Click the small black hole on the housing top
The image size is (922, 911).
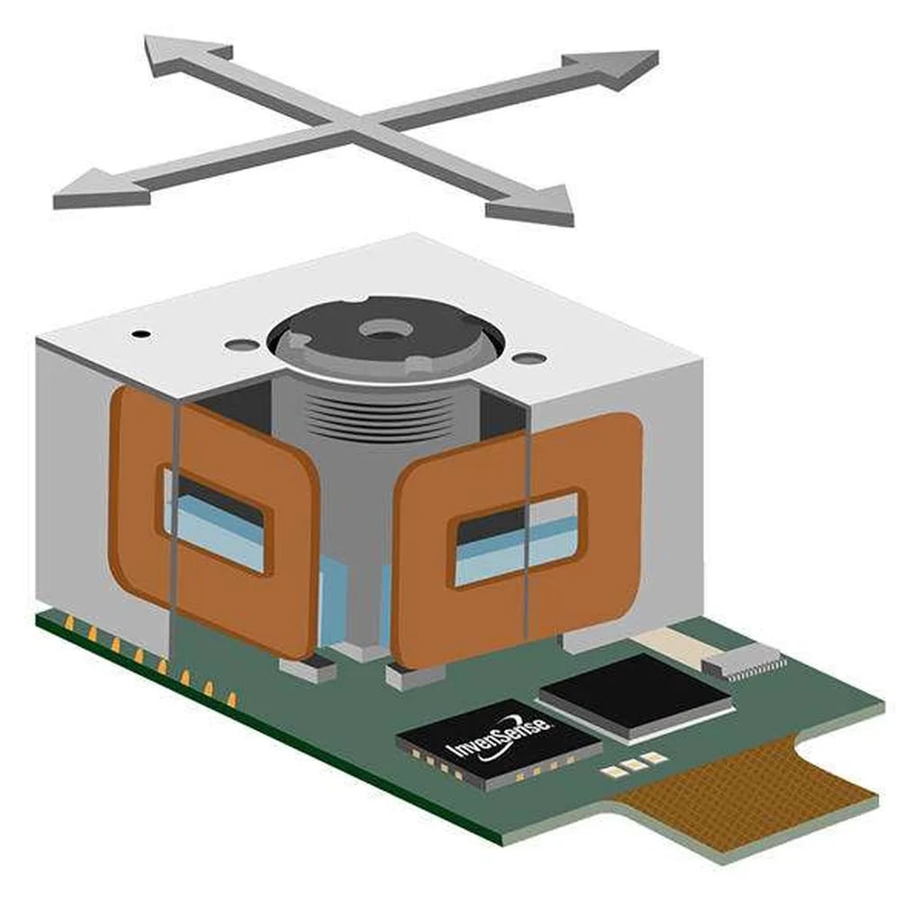(x=141, y=335)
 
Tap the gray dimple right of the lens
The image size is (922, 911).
(x=529, y=356)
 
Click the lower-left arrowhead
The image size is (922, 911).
(x=101, y=189)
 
